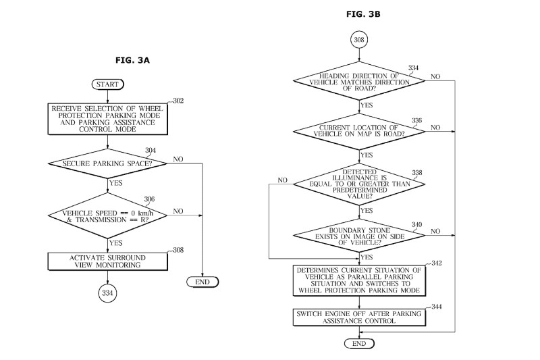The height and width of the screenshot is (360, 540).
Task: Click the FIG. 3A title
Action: (133, 60)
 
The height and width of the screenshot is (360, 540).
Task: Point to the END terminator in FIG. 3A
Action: (202, 282)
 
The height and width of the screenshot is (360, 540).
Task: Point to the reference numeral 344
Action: (434, 307)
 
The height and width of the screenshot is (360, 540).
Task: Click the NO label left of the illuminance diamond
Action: (282, 180)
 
